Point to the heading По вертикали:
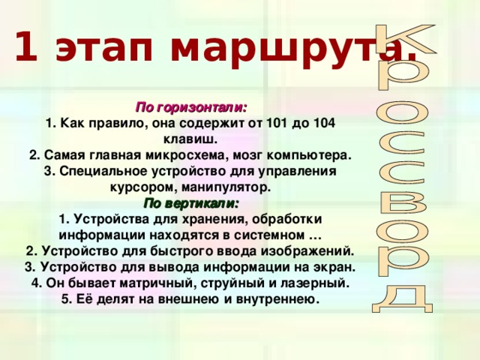191,202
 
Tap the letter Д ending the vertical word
403,296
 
